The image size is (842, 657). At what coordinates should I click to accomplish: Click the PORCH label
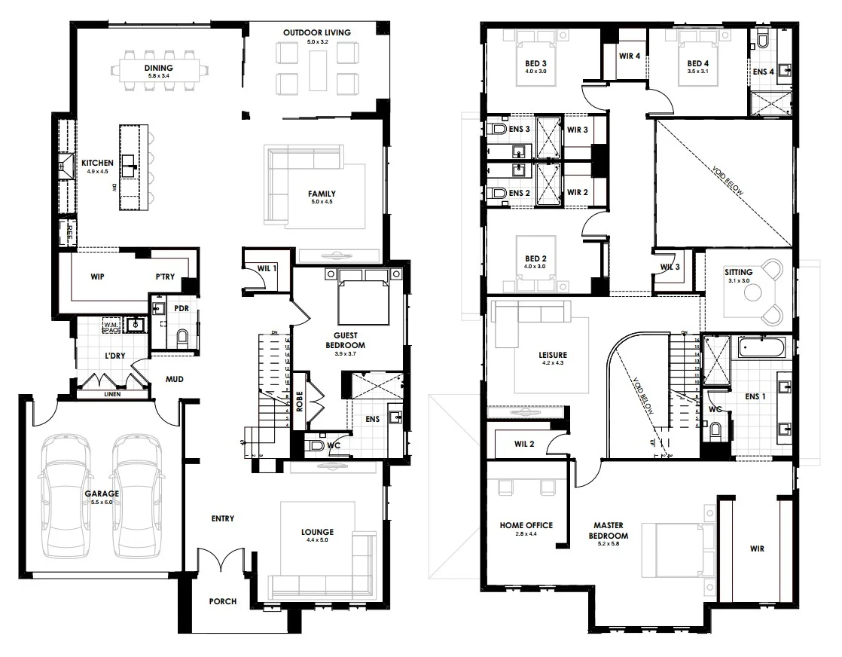click(223, 601)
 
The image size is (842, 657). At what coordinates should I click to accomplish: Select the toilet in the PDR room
click(181, 338)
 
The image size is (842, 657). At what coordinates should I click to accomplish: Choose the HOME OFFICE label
click(526, 525)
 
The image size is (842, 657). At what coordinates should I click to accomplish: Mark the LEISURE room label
click(553, 355)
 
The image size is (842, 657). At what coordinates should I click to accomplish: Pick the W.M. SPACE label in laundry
click(111, 326)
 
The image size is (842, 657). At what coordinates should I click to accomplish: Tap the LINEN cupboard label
click(111, 393)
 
